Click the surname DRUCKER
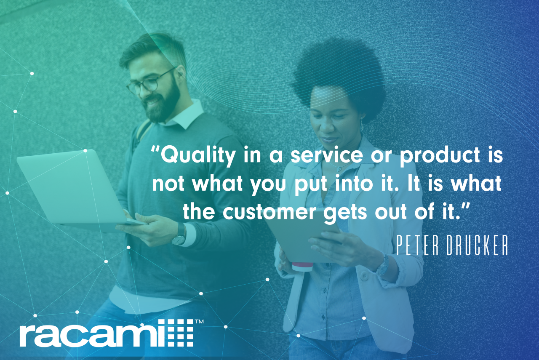(x=478, y=245)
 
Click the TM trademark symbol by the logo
(x=199, y=322)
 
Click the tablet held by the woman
(x=295, y=240)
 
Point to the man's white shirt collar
(x=185, y=116)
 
